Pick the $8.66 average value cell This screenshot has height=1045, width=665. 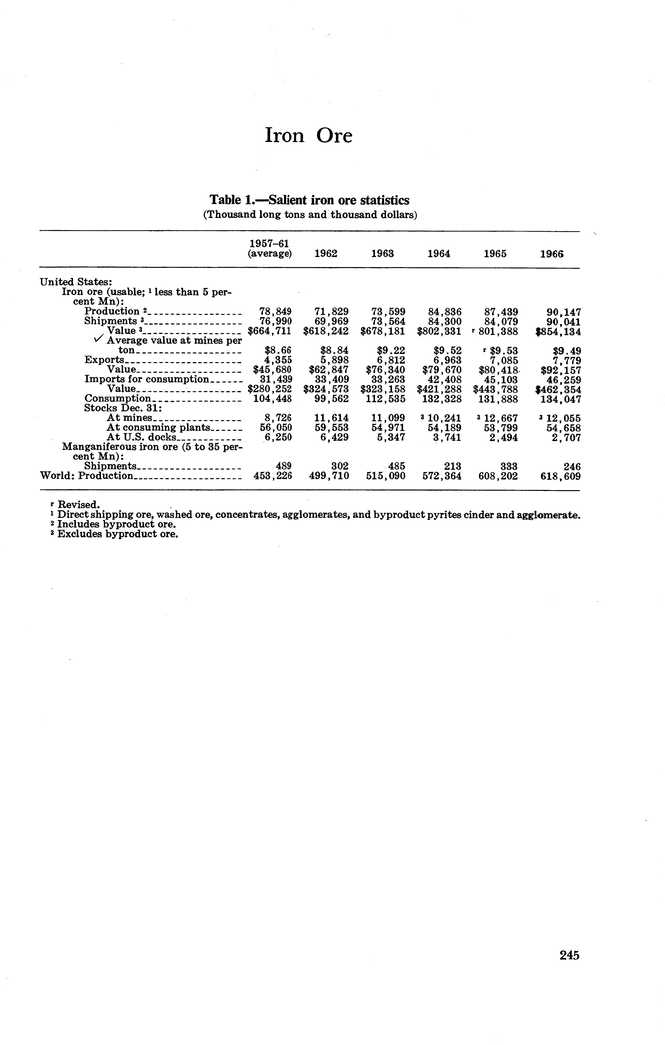(x=278, y=350)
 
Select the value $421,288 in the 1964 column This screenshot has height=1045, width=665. (x=439, y=389)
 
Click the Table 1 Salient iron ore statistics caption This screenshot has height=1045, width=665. (x=309, y=200)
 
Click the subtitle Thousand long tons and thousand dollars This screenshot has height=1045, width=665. (x=310, y=215)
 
